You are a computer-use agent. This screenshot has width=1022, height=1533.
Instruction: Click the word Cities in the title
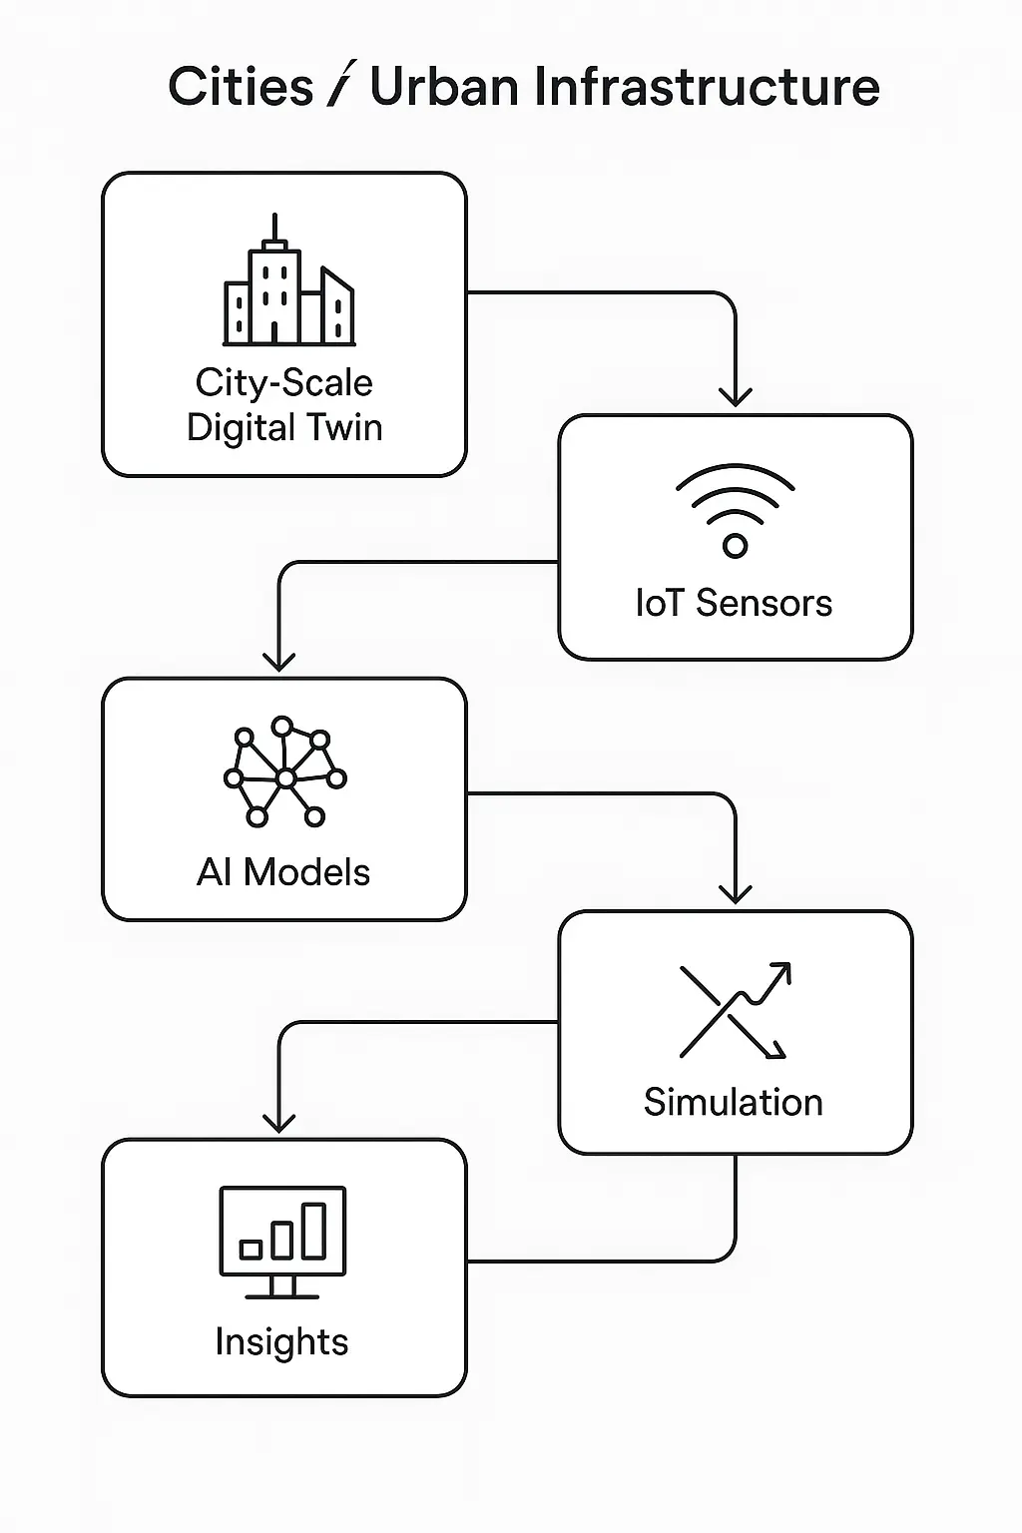point(240,87)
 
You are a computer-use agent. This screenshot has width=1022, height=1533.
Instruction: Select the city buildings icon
point(288,284)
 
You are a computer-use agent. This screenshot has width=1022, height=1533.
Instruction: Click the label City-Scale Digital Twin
point(284,405)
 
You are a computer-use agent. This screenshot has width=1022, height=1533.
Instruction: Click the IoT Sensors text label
point(734,603)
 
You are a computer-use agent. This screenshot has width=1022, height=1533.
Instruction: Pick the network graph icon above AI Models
point(284,770)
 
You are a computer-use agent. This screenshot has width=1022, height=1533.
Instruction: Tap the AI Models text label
point(283,872)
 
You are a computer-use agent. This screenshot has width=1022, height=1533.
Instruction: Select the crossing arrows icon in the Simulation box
point(735,1010)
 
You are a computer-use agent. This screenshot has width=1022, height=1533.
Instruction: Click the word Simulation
point(734,1102)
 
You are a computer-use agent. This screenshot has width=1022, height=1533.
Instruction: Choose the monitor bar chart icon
point(282,1242)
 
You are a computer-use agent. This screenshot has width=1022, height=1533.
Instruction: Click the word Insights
point(281,1341)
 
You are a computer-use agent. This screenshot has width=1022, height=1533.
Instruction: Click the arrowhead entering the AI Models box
point(278,662)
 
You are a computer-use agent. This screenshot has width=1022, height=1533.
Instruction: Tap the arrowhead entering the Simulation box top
point(736,894)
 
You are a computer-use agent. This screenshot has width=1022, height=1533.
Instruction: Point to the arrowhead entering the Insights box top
point(278,1123)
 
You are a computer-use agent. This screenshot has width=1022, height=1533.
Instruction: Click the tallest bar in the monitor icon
point(314,1230)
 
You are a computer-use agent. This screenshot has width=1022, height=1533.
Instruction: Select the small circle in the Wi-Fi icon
point(735,545)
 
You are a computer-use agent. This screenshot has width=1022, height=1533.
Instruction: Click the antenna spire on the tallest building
point(274,228)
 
